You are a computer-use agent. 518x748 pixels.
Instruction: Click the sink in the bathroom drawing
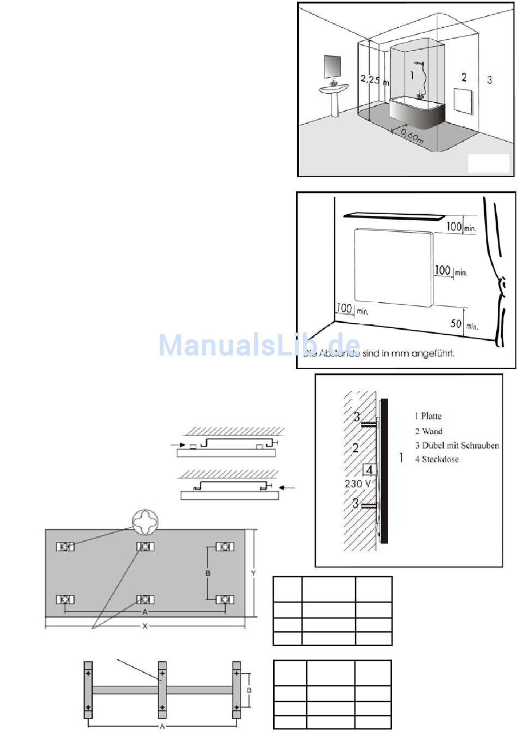point(334,89)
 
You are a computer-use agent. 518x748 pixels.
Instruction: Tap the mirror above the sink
point(332,66)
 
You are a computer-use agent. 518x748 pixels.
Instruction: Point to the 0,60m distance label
point(412,135)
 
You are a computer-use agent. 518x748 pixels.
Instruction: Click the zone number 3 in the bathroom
point(490,80)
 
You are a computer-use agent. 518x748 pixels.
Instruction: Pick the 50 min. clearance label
point(463,324)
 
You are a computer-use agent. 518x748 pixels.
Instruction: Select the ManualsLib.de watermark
point(260,345)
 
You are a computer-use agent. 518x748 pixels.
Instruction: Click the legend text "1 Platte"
point(428,416)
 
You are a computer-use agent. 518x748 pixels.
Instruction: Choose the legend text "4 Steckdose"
point(436,459)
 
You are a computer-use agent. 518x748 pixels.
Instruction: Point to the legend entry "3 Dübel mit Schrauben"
point(456,445)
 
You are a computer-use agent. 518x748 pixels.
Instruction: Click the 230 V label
point(358,484)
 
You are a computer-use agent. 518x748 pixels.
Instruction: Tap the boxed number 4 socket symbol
point(369,469)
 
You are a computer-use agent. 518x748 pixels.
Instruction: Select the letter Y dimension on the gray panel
point(253,573)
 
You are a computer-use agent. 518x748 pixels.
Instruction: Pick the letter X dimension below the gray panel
point(145,626)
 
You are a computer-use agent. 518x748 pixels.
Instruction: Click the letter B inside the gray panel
point(208,573)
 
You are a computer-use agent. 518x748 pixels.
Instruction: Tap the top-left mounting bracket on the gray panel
point(65,546)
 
